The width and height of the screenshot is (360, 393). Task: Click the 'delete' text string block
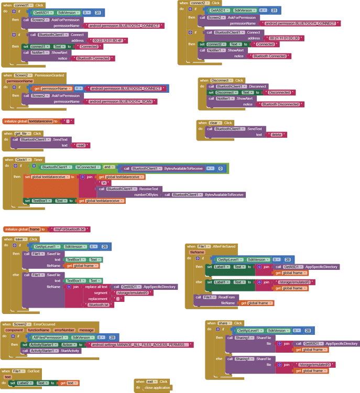click(x=276, y=135)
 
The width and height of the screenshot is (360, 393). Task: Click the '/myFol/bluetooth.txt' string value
click(x=72, y=229)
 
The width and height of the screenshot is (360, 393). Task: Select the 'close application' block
click(x=157, y=388)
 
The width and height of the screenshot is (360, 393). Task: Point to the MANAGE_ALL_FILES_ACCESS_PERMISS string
click(x=140, y=345)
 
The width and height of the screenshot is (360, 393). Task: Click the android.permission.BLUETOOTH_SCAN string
click(x=121, y=102)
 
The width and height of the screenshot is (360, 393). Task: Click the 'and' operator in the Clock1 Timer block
click(x=107, y=167)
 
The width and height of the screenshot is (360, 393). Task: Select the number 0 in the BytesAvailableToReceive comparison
click(x=221, y=169)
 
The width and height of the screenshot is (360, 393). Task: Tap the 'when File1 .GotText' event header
click(x=21, y=371)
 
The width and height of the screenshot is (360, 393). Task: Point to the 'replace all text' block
click(x=97, y=287)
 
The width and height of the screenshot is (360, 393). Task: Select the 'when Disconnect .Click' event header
click(x=221, y=80)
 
